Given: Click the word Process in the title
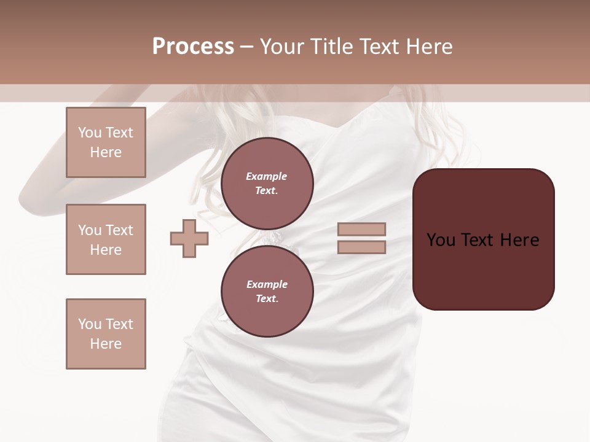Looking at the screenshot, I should click(193, 46).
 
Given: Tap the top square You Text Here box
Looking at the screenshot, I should click(106, 142).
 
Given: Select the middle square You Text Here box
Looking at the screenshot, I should click(106, 239).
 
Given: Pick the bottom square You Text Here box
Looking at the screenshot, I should click(106, 333).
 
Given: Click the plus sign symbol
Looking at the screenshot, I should click(189, 238).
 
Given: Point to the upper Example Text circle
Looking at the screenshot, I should click(267, 184).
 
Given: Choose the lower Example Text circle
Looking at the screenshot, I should click(267, 292).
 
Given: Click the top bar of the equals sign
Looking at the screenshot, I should click(361, 230).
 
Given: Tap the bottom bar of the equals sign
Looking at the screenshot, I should click(361, 247).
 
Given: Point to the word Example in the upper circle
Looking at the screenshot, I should click(267, 176).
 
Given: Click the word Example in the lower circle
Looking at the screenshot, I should click(267, 284).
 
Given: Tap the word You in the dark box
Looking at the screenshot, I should click(441, 239).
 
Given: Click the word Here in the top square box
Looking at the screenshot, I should click(106, 152).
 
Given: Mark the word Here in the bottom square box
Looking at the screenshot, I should click(106, 344).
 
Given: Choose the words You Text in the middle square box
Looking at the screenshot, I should click(106, 230).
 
